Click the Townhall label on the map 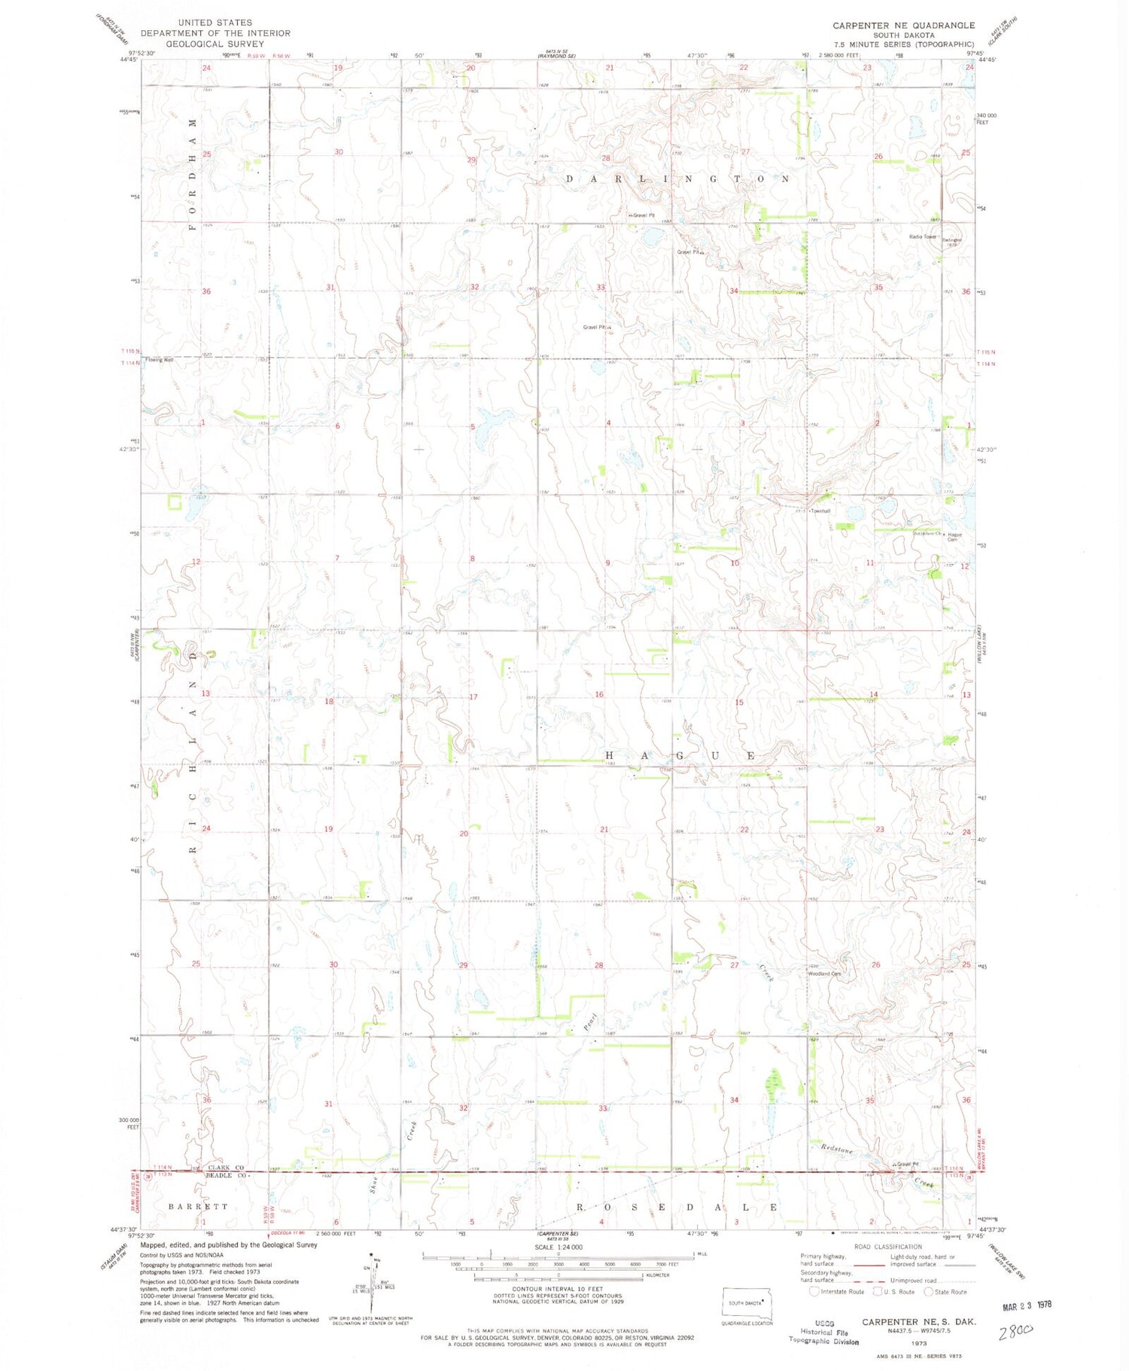[820, 511]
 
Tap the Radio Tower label [922, 237]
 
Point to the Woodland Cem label [824, 973]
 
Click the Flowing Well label [160, 360]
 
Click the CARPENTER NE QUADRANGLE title [903, 25]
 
